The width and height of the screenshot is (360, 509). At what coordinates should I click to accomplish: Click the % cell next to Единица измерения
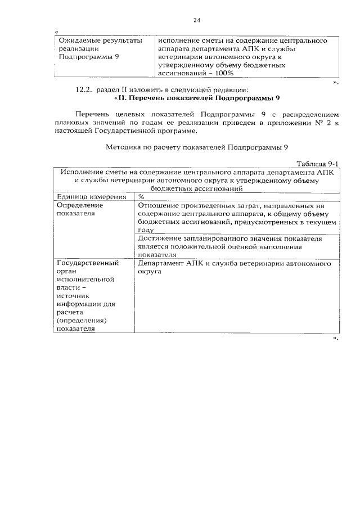[x=142, y=197]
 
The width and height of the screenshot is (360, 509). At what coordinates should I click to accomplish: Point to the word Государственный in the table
[x=87, y=263]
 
